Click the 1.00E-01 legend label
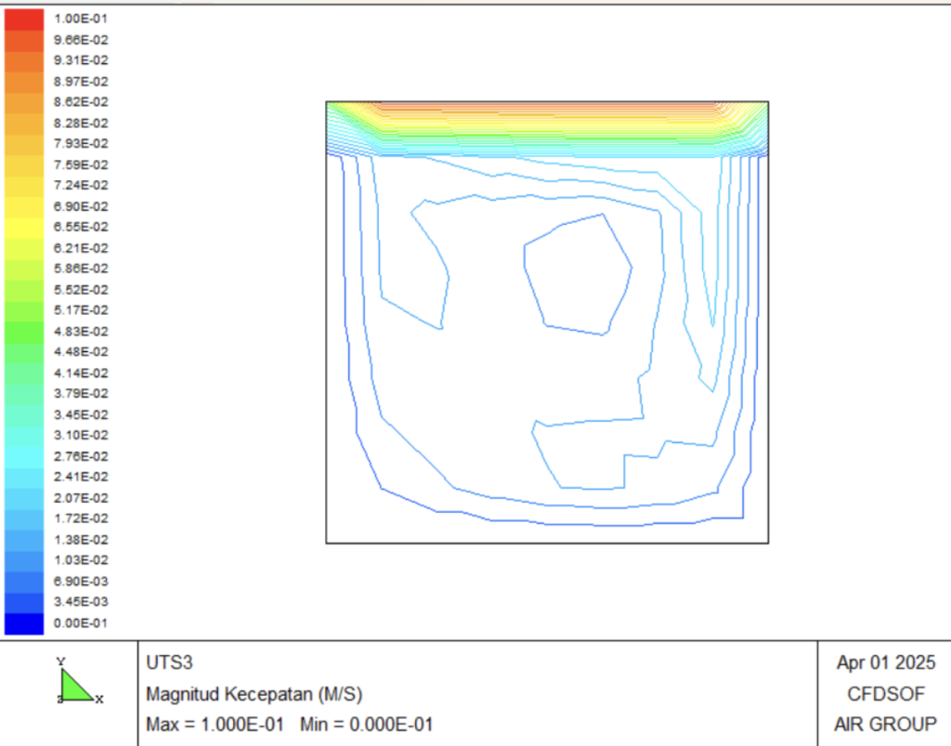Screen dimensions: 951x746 tap(81, 19)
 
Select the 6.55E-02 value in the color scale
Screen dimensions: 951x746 tap(81, 227)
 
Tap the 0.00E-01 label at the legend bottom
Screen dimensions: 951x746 tap(81, 622)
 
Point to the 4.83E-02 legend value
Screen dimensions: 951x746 tap(81, 331)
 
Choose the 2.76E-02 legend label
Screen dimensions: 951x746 tap(81, 456)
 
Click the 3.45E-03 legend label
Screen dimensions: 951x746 tap(81, 602)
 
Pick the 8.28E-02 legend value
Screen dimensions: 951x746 tap(81, 124)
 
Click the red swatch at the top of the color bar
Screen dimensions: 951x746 tap(24, 20)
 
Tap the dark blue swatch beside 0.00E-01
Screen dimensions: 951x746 tap(24, 623)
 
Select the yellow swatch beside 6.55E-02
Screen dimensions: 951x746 tap(24, 228)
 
